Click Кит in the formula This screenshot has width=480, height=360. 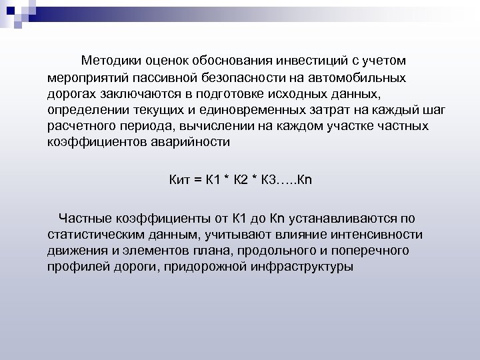[178, 179]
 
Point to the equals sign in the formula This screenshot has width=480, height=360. [199, 179]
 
